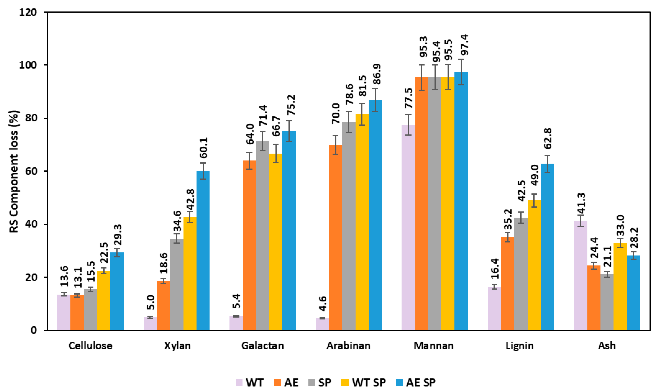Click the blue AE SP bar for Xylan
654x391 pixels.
(x=203, y=250)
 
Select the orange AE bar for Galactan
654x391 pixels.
(x=249, y=245)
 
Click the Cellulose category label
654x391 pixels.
(x=90, y=345)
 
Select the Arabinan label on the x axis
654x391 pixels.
(x=348, y=345)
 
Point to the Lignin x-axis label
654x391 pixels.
(x=519, y=345)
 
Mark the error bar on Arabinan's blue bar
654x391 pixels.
(x=375, y=100)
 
